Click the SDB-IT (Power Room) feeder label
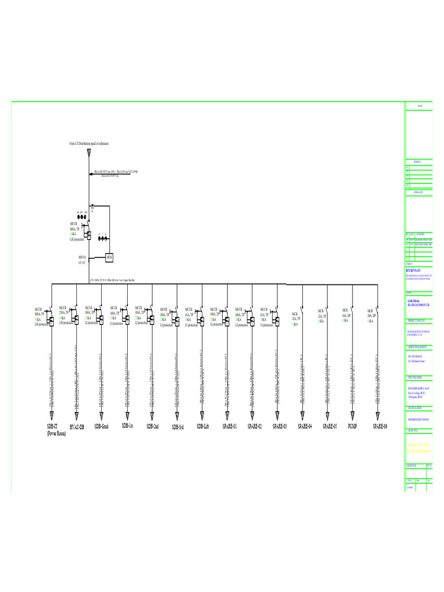click(56, 429)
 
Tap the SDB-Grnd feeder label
click(101, 426)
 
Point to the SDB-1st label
click(127, 425)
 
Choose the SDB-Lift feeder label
click(202, 426)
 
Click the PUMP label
click(352, 426)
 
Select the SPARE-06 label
click(379, 426)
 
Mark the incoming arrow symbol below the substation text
click(89, 153)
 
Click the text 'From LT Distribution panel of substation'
click(89, 143)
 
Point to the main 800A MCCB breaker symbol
click(89, 234)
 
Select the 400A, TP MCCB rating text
click(41, 312)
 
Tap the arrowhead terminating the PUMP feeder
click(352, 415)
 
